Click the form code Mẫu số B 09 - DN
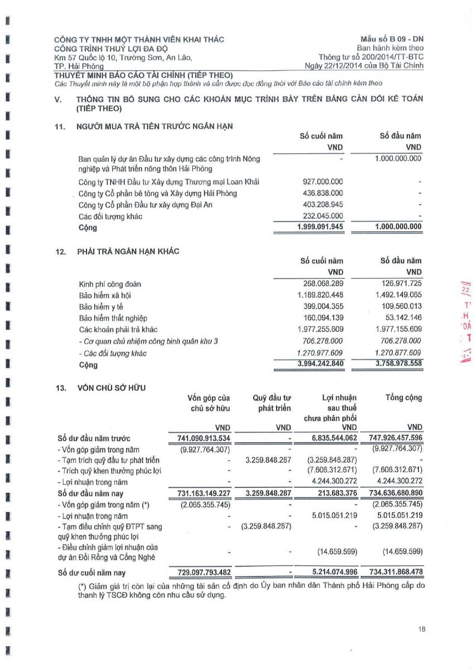tap(392, 39)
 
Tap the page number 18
tap(421, 629)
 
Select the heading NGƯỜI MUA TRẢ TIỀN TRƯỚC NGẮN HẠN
tap(155, 127)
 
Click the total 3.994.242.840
tap(317, 365)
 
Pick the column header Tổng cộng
tap(403, 397)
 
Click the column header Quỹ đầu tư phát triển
tap(271, 403)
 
